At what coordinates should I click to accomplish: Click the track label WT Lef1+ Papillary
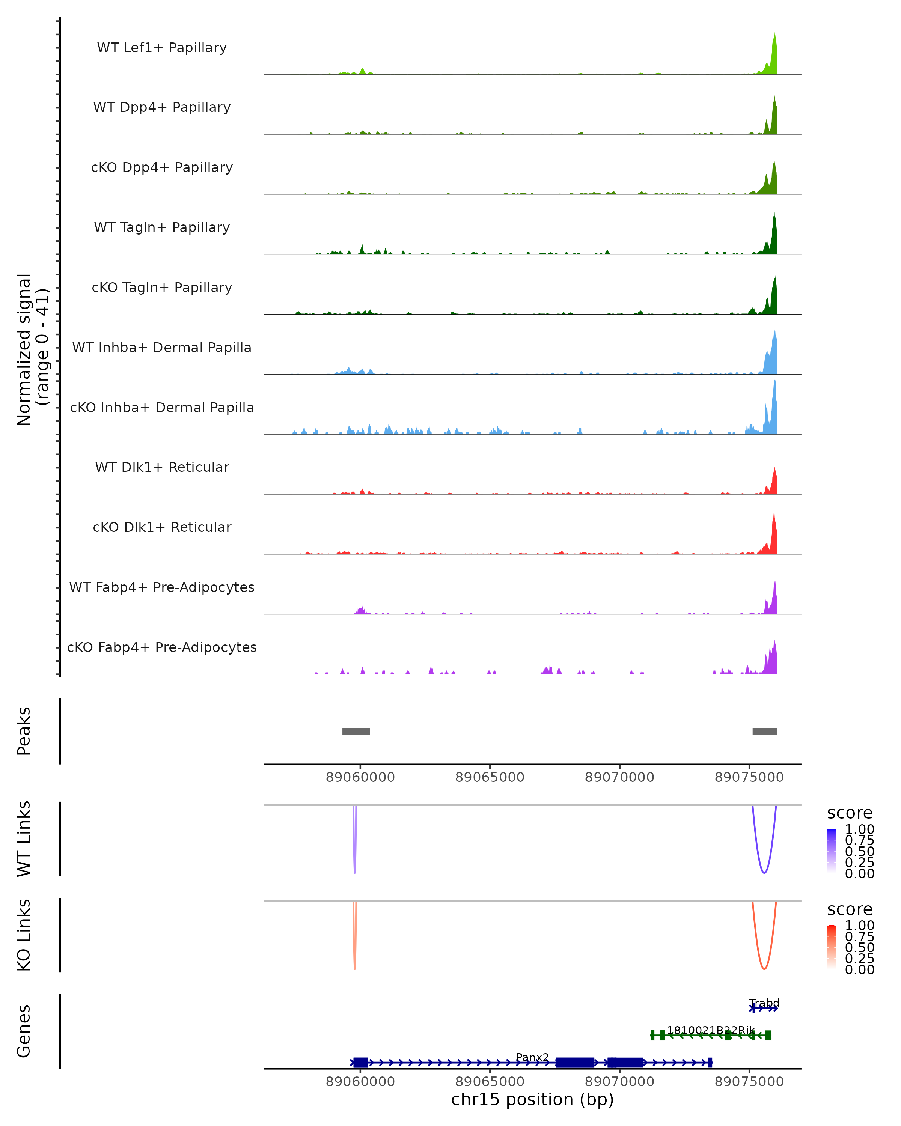click(x=162, y=48)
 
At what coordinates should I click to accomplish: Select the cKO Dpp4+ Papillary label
click(x=162, y=168)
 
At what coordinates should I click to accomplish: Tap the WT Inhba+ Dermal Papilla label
click(x=162, y=348)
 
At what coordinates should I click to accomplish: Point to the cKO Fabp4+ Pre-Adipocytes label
click(x=162, y=647)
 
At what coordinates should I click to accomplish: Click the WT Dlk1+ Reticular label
click(x=162, y=467)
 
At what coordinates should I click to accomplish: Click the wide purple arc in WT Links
click(x=764, y=872)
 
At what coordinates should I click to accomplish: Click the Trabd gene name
click(x=764, y=1003)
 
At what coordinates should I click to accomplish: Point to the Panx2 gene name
click(x=532, y=1057)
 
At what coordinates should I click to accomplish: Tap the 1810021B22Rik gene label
click(x=710, y=1030)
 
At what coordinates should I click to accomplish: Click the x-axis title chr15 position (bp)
click(x=532, y=1099)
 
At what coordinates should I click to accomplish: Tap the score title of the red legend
click(x=849, y=909)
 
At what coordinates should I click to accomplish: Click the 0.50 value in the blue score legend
click(x=859, y=851)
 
